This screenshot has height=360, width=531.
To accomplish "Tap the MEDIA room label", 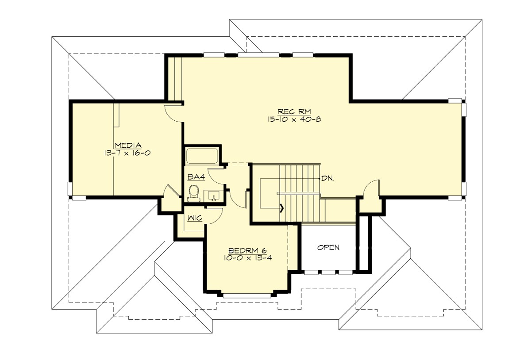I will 127,145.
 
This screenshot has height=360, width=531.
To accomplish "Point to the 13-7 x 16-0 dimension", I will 127,153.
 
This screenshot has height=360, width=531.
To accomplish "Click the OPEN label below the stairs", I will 328,248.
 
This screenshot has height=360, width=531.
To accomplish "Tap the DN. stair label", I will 328,179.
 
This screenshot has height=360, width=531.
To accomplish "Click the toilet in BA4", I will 193,193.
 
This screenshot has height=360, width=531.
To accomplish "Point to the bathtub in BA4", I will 202,156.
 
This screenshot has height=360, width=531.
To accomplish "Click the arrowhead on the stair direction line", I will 281,207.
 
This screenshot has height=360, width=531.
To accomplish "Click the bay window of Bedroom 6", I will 248,295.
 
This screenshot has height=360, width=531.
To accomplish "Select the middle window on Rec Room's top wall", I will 258,55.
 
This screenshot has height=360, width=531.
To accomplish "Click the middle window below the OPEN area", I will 328,272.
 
